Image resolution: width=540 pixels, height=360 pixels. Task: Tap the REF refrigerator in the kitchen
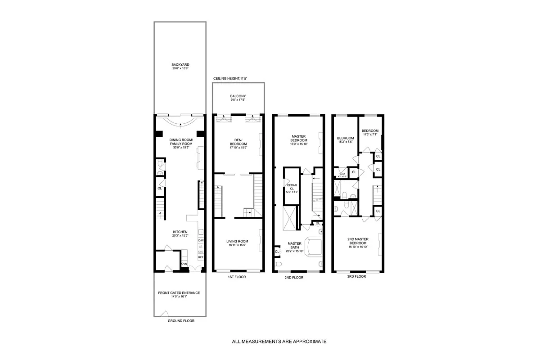pos(201,257)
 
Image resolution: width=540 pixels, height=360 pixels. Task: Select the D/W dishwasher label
pos(201,241)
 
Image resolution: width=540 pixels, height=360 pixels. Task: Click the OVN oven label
pos(184,264)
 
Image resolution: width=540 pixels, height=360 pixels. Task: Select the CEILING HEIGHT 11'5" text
pos(230,78)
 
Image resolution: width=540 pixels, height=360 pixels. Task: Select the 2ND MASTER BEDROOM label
pos(358,241)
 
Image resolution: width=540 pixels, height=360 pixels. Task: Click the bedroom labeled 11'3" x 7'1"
pos(370,132)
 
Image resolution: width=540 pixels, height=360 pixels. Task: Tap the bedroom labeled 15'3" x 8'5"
pos(345,139)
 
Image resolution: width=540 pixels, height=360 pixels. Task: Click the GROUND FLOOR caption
pos(181,321)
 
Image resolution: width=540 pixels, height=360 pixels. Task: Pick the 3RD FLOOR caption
pos(356,277)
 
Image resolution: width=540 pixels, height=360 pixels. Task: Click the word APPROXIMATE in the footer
pos(308,342)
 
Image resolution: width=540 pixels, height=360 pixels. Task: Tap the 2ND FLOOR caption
pos(294,278)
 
